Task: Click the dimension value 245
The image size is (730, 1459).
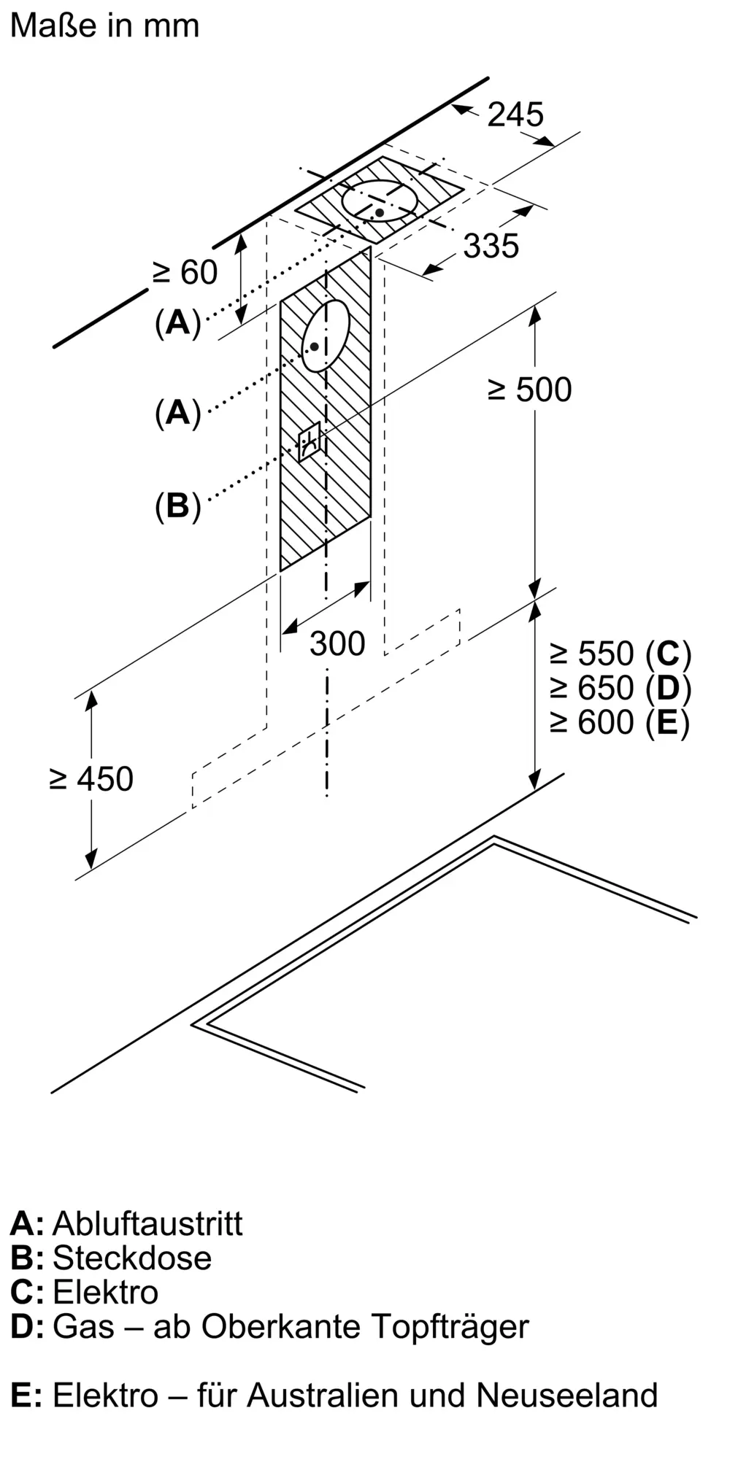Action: tap(515, 115)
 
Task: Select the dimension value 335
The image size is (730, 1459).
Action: tap(491, 246)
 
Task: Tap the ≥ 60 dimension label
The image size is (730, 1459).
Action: tap(185, 273)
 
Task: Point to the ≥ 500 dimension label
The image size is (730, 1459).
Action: tap(530, 390)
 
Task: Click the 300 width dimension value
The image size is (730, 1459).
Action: tap(337, 643)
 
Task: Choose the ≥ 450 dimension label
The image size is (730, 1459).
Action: tap(91, 779)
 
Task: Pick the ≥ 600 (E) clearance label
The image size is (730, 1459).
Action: tap(620, 722)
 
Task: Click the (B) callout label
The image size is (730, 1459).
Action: tap(177, 506)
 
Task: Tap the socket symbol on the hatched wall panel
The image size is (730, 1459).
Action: tap(310, 441)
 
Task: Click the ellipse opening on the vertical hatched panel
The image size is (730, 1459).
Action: tap(326, 336)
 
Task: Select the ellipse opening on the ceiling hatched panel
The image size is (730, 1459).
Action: tap(380, 200)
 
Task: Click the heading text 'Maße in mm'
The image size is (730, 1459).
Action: tap(105, 26)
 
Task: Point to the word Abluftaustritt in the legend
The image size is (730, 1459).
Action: tap(147, 1223)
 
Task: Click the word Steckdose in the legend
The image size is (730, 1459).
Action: tap(132, 1258)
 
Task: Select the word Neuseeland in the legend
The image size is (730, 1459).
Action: tap(567, 1396)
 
